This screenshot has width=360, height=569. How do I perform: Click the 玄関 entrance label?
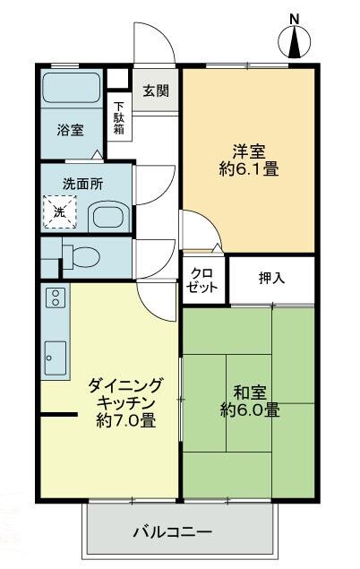[156, 91]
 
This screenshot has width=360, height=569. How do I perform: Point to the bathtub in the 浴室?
[73, 91]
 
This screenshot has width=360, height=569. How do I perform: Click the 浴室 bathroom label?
[69, 130]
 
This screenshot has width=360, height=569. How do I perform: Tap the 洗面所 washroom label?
[81, 182]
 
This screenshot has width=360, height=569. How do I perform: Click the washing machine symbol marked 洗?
[59, 212]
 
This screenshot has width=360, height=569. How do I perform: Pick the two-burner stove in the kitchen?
[54, 298]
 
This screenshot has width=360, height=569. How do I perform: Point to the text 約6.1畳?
[249, 168]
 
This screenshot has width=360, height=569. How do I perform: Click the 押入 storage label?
[271, 278]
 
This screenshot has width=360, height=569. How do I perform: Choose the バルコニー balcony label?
[173, 531]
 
